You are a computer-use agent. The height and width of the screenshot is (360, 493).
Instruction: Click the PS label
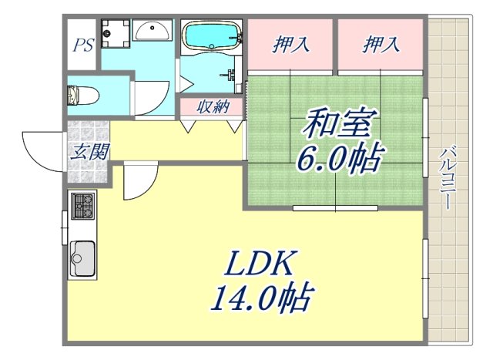(83, 44)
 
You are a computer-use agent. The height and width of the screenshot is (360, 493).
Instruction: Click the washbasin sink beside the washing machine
(155, 31)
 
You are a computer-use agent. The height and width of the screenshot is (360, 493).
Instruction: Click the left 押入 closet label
(291, 45)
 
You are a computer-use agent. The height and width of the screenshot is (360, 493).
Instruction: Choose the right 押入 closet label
(381, 45)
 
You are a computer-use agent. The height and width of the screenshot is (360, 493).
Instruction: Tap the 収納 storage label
(211, 106)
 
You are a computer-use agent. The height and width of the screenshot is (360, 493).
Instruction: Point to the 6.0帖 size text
(340, 158)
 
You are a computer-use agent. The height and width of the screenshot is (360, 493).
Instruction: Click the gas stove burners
(82, 206)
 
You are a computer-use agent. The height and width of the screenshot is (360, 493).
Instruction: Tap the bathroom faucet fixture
(231, 76)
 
